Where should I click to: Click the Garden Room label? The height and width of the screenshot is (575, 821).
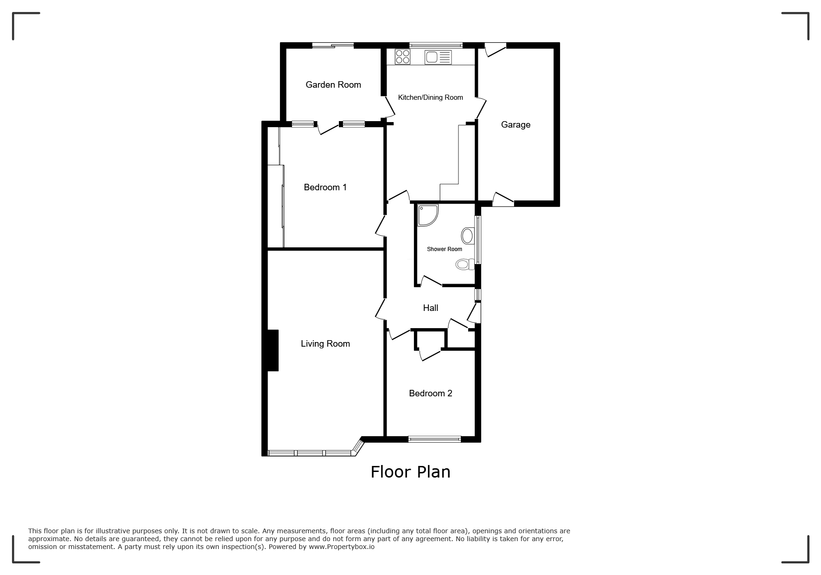click(333, 84)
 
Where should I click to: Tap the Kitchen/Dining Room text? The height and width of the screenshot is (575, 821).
click(430, 97)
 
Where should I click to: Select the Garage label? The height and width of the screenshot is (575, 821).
click(516, 124)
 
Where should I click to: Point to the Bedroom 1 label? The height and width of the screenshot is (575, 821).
click(325, 187)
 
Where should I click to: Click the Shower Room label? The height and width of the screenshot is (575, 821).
click(444, 249)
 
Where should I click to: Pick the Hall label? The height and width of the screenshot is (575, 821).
click(430, 308)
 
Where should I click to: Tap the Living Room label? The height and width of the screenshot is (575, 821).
click(325, 343)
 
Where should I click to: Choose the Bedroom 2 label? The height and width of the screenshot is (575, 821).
click(430, 393)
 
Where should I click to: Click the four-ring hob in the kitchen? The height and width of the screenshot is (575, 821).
click(402, 57)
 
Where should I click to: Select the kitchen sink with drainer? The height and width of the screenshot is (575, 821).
click(438, 57)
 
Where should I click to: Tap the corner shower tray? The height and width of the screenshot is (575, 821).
click(427, 215)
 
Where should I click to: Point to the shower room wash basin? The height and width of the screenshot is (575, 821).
click(467, 236)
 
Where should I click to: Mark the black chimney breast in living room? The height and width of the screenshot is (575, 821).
click(273, 350)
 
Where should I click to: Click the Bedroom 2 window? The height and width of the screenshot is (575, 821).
click(434, 439)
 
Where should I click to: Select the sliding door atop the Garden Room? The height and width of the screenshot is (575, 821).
click(333, 45)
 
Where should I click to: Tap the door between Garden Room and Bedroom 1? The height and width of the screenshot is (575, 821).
click(328, 128)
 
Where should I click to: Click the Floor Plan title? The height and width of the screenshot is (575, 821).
click(410, 472)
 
